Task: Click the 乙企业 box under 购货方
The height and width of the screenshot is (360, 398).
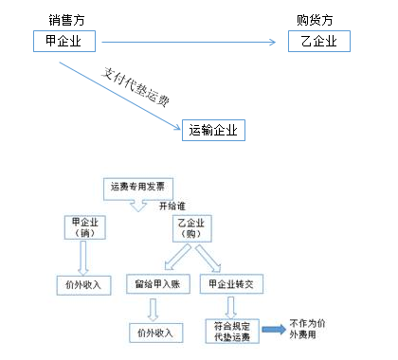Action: point(317,42)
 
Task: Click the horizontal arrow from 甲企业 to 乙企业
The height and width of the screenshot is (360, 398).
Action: point(190,42)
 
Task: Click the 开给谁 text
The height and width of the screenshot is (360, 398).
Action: point(173,205)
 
